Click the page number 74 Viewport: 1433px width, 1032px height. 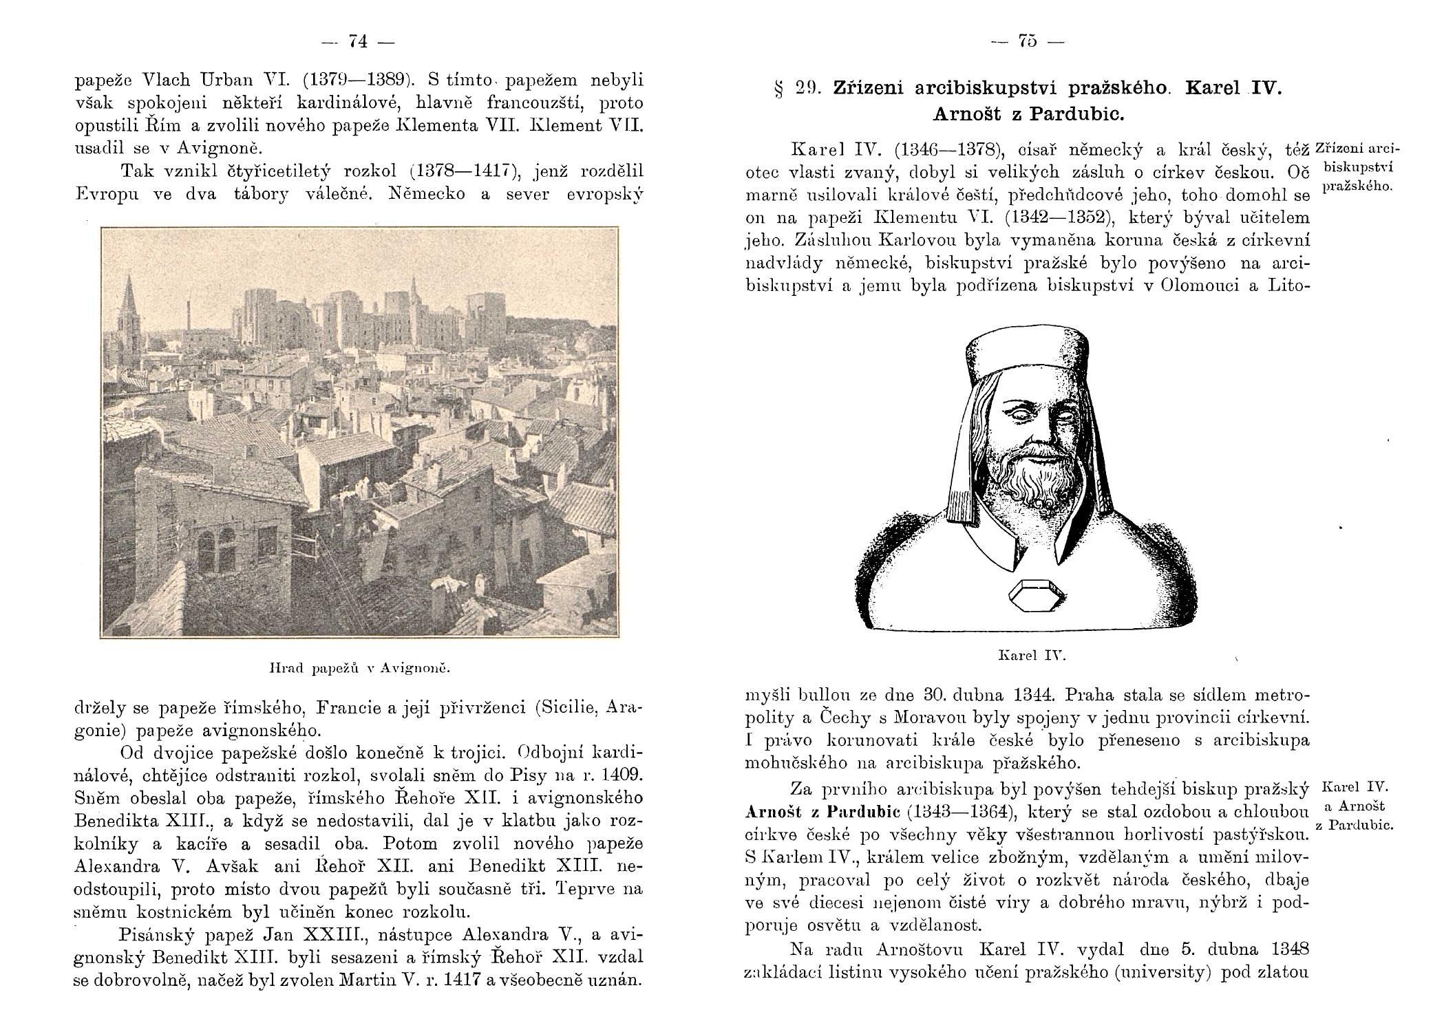[x=358, y=42]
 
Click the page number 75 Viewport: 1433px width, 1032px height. [x=1028, y=42]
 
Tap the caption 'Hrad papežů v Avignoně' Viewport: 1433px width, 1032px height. [x=359, y=667]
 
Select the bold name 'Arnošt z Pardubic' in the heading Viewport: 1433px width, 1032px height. [x=1028, y=114]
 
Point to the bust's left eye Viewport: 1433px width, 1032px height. [x=1059, y=415]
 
